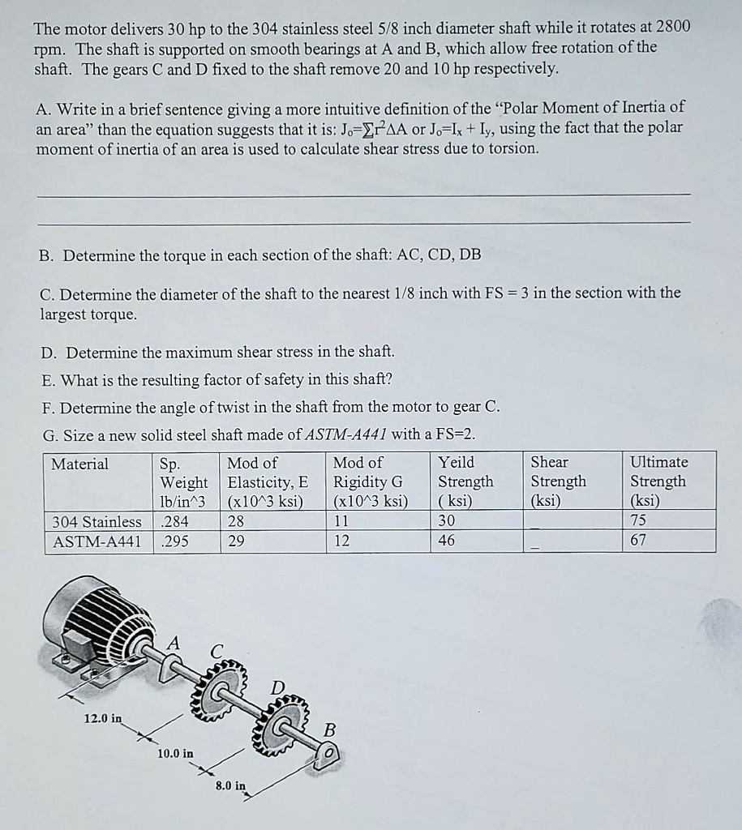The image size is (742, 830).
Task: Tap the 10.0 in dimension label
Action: pos(175,753)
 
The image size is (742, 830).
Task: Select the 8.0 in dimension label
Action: pos(230,785)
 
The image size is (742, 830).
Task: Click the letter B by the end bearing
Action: pos(329,729)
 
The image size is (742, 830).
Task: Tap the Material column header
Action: pos(79,464)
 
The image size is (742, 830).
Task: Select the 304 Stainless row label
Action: pos(97,521)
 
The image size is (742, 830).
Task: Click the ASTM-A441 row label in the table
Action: pos(97,541)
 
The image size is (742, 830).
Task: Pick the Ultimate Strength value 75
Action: pos(638,521)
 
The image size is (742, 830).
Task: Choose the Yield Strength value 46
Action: pos(446,541)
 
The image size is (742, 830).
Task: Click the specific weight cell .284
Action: pos(170,521)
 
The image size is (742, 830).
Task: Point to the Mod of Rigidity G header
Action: pos(370,481)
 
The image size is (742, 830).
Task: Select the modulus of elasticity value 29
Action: pos(236,541)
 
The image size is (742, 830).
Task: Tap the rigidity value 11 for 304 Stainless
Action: pos(341,521)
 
